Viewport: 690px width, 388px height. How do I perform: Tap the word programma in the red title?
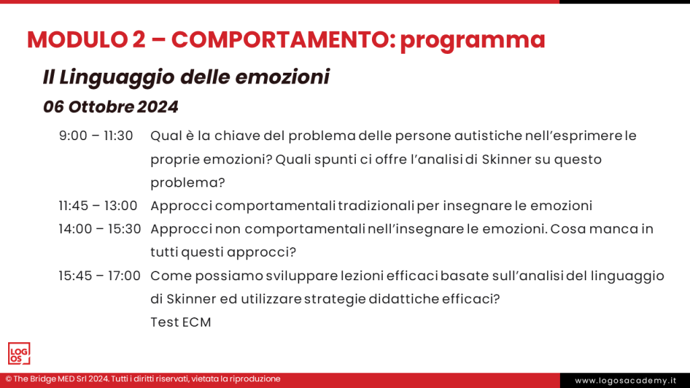coord(472,41)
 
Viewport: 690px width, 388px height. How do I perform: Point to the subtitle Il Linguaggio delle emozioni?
coord(186,77)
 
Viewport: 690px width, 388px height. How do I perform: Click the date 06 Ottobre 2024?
coord(111,107)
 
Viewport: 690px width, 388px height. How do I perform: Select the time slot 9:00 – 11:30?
coord(96,136)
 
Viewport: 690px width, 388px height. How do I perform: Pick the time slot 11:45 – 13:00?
coord(98,205)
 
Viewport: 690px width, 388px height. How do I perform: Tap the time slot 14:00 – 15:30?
coord(99,229)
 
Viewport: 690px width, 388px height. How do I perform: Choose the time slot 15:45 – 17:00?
coord(99,276)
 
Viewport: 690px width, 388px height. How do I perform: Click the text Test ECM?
coord(181,323)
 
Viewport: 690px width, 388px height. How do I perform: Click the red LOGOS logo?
coord(19,354)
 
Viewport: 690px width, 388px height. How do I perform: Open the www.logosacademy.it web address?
coord(625,381)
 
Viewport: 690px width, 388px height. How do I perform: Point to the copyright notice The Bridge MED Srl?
coord(143,379)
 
